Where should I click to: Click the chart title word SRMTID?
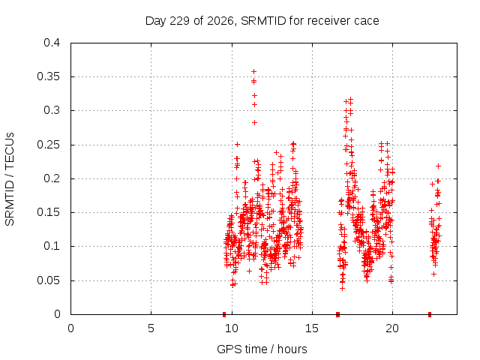263,21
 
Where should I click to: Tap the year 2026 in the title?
220,21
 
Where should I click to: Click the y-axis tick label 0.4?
52,43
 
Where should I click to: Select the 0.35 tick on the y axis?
48,76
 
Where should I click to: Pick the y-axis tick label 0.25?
48,145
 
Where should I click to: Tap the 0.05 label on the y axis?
48,280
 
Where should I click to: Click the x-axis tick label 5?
151,328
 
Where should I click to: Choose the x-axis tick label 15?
312,328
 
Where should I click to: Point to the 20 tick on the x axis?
392,328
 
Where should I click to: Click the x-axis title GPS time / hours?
262,349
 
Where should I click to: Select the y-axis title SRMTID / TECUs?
10,179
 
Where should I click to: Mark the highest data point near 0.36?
253,72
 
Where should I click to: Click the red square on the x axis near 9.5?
224,314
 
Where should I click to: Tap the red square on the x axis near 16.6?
337,314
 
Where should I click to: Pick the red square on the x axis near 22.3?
430,314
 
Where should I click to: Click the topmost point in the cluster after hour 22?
438,166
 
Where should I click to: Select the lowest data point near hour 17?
342,288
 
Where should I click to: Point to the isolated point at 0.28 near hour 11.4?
254,122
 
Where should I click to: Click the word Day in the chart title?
156,21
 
